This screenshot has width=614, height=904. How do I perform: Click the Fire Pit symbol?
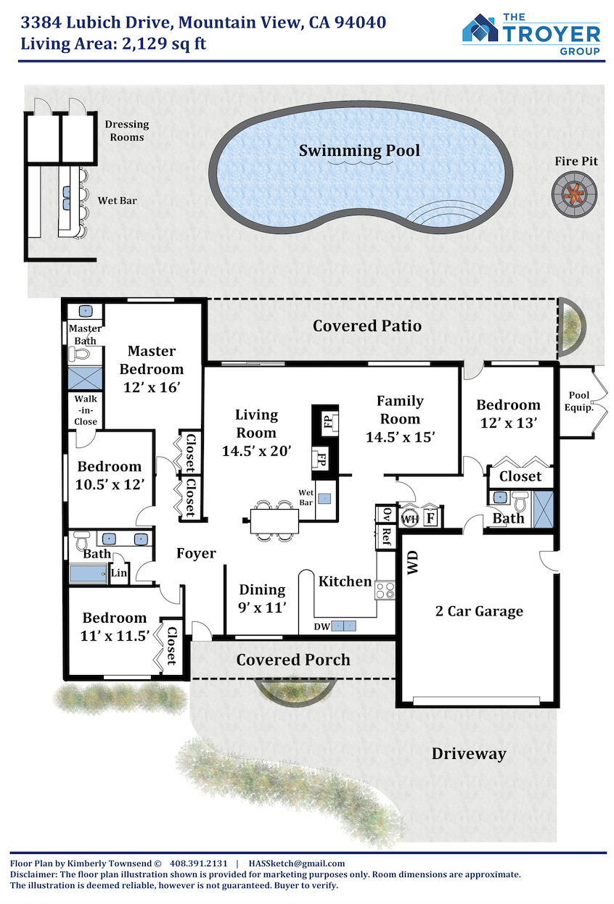click(x=574, y=194)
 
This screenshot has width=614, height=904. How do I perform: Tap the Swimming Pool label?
click(x=359, y=151)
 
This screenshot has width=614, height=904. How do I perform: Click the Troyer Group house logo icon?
click(x=480, y=28)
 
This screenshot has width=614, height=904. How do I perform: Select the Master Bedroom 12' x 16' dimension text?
click(x=152, y=387)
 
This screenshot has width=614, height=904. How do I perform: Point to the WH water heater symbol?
click(x=409, y=518)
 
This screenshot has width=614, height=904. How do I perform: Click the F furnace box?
click(x=431, y=518)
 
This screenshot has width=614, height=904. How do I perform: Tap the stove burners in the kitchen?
click(x=385, y=590)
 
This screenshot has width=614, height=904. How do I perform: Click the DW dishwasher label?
click(x=322, y=627)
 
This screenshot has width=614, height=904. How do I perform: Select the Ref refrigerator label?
click(x=386, y=536)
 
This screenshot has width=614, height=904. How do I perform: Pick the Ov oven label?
click(x=386, y=514)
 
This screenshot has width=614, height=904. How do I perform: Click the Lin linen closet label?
click(x=119, y=573)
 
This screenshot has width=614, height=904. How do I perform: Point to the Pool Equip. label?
click(x=579, y=401)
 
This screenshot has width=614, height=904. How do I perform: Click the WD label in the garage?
click(x=412, y=562)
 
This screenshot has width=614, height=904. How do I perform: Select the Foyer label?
click(x=196, y=553)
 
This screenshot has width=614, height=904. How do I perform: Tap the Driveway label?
click(x=469, y=754)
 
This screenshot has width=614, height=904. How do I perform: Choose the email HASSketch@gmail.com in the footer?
click(x=297, y=863)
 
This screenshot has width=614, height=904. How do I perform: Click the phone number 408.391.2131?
click(x=198, y=863)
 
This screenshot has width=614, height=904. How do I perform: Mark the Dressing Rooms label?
click(x=127, y=130)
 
